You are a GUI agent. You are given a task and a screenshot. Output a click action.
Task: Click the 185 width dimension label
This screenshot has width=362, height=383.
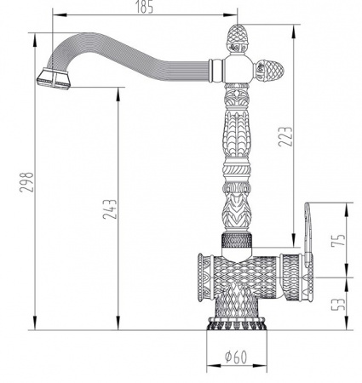[144, 7]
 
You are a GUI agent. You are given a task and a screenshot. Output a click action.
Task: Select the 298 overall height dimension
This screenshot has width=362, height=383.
[26, 182]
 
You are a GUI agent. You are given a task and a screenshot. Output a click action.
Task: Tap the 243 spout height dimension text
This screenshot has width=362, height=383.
[110, 209]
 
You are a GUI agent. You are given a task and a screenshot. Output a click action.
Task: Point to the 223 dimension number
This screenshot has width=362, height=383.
[285, 136]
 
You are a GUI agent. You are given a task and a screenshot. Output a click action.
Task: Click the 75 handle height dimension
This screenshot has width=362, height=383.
[339, 240]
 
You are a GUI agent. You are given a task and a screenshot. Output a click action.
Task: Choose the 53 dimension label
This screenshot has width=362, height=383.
[339, 304]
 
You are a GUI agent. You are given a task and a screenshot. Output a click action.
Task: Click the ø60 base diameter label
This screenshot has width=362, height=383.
[236, 357]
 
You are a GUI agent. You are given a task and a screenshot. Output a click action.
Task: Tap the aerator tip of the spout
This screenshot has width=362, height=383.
[54, 78]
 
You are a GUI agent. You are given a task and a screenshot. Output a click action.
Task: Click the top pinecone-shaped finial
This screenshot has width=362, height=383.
[237, 39]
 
